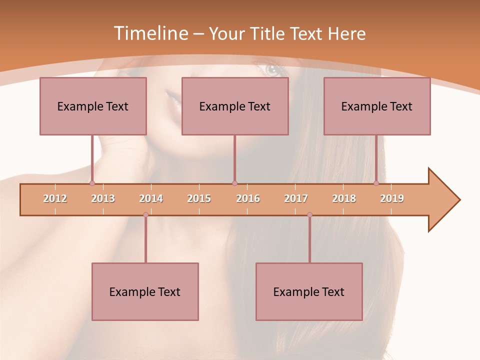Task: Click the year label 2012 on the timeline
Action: click(x=55, y=199)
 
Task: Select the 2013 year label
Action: click(x=103, y=199)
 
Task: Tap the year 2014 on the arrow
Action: click(x=151, y=199)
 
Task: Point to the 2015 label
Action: click(x=199, y=199)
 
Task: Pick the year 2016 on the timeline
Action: click(x=248, y=199)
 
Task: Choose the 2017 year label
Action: click(x=296, y=199)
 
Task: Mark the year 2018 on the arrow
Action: click(x=344, y=199)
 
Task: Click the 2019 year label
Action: click(x=392, y=199)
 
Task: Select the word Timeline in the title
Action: click(x=150, y=33)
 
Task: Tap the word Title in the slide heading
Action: click(x=268, y=33)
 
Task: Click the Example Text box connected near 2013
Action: click(x=93, y=106)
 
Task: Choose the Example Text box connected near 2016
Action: click(x=235, y=106)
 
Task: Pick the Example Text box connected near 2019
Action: click(x=377, y=106)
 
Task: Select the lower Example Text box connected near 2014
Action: click(x=145, y=291)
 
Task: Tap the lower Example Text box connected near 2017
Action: click(x=309, y=291)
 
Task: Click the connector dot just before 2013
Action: click(x=92, y=183)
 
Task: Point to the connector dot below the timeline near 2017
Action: click(x=309, y=215)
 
